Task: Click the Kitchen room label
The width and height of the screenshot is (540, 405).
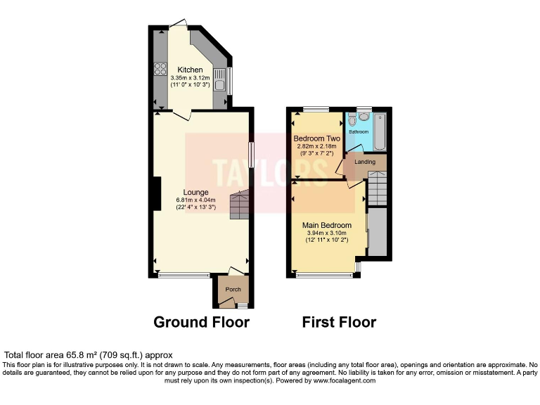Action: pyautogui.click(x=191, y=70)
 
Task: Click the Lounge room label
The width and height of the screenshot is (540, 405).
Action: pyautogui.click(x=196, y=191)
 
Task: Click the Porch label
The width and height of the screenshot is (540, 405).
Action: pyautogui.click(x=233, y=290)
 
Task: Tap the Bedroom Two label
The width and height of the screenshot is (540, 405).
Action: pyautogui.click(x=316, y=139)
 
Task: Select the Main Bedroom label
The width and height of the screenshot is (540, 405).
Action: pyautogui.click(x=327, y=225)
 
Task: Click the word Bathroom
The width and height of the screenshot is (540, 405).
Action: pyautogui.click(x=359, y=131)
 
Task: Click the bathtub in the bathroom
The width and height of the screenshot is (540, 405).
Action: pyautogui.click(x=380, y=131)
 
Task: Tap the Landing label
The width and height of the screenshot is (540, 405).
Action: pyautogui.click(x=364, y=162)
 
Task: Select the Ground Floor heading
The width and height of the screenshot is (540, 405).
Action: pyautogui.click(x=202, y=323)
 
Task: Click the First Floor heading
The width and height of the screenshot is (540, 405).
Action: pyautogui.click(x=339, y=323)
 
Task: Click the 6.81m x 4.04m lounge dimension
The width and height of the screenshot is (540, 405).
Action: pyautogui.click(x=195, y=200)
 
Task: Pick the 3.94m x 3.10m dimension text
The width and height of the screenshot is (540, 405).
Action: pyautogui.click(x=327, y=233)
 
